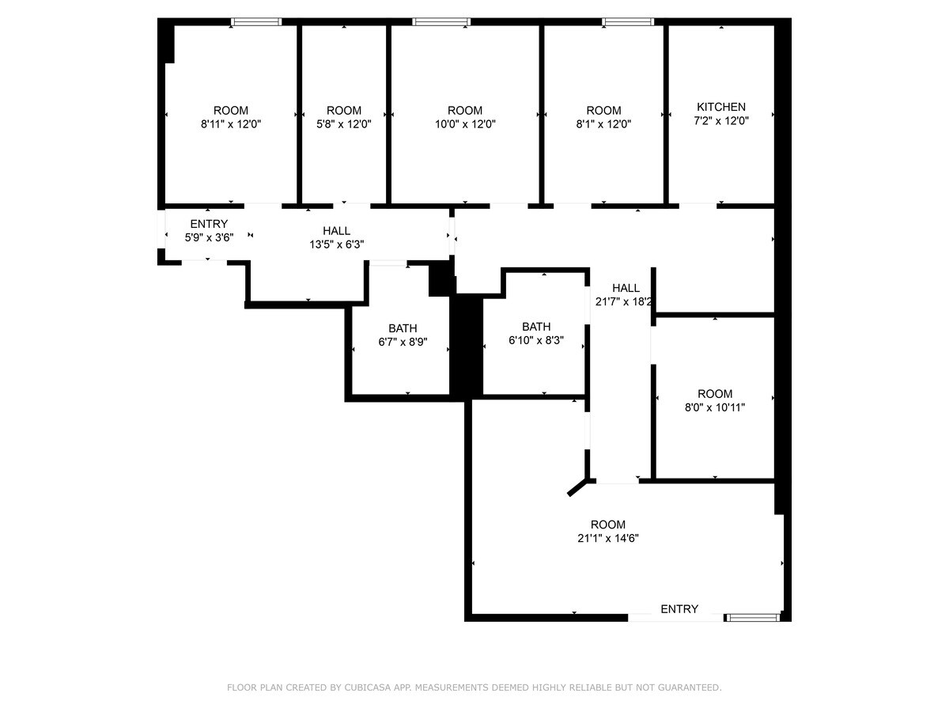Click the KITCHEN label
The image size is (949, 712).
click(720, 107)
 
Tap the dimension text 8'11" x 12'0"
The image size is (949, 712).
click(231, 124)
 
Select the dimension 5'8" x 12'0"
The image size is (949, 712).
click(343, 124)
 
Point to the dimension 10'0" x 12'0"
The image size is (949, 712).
click(464, 124)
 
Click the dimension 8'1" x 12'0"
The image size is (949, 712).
click(603, 124)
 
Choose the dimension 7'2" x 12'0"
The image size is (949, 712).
click(720, 121)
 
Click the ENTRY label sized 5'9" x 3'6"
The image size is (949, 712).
click(209, 224)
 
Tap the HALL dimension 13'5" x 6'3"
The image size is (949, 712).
click(336, 244)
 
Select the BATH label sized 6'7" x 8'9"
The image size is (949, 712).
click(403, 328)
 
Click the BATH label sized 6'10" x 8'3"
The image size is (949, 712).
click(535, 327)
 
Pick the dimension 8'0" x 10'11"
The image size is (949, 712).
click(714, 407)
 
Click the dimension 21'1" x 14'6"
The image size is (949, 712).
click(607, 538)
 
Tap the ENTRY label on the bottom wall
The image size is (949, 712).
click(679, 608)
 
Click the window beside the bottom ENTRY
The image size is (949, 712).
click(753, 616)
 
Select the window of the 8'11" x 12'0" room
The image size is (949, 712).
click(256, 22)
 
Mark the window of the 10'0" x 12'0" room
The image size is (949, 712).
click(441, 22)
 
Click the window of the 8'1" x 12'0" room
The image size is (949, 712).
click(628, 22)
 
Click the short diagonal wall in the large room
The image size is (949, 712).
click(578, 487)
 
